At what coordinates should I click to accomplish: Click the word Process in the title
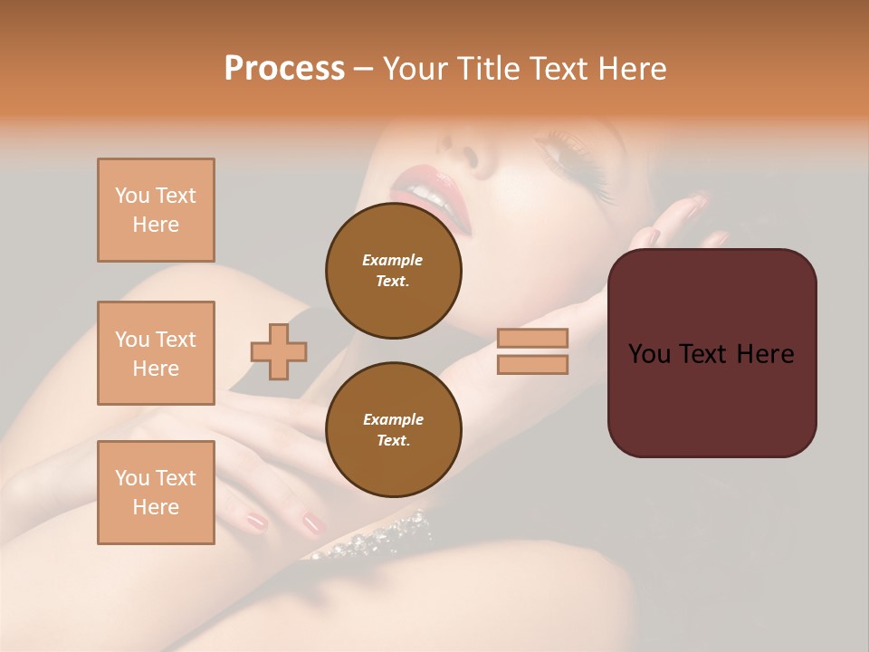tap(284, 68)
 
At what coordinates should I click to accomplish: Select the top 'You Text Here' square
tap(156, 210)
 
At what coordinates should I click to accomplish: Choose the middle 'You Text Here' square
tap(156, 353)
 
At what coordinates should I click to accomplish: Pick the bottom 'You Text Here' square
tap(156, 493)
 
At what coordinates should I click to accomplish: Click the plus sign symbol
tap(279, 350)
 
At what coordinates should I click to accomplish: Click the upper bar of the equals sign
tap(532, 338)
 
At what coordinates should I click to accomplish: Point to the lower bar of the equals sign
tap(532, 364)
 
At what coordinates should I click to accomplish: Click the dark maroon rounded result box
tap(711, 353)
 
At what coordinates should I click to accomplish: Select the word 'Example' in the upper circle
tap(393, 260)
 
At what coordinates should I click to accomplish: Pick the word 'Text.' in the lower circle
tap(393, 440)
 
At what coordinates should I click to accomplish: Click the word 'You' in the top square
tap(132, 196)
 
